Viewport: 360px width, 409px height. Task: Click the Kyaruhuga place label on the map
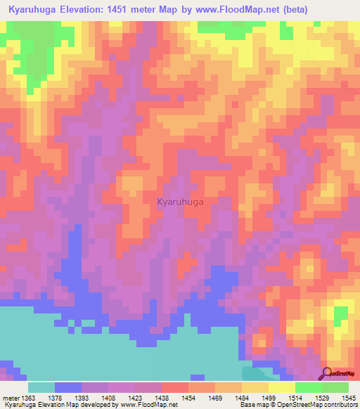tap(181, 202)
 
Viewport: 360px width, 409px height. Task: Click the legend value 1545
tap(346, 398)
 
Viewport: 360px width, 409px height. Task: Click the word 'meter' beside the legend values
tap(11, 398)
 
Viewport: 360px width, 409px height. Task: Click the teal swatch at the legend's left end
tap(41, 387)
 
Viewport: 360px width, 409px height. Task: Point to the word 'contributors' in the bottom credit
tap(342, 405)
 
